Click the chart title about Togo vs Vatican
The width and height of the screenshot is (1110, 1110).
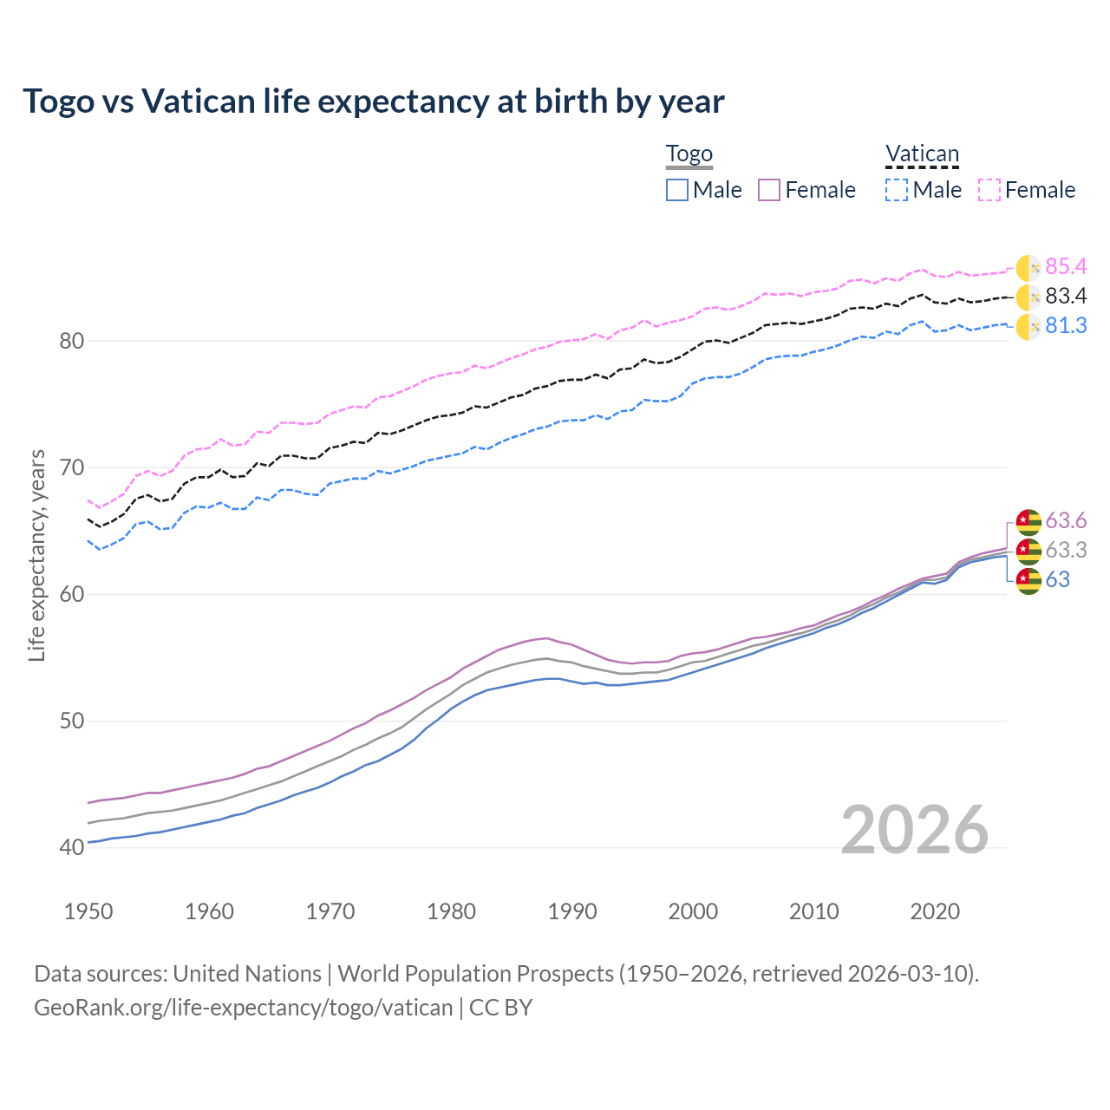click(373, 101)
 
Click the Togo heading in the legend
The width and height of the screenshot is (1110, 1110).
click(689, 154)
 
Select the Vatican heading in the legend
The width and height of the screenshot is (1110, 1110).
click(922, 154)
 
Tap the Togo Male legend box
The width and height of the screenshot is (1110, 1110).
click(677, 190)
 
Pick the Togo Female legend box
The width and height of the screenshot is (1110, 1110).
click(770, 190)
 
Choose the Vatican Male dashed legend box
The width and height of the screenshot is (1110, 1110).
click(897, 190)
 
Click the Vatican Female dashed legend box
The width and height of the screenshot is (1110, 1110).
click(989, 190)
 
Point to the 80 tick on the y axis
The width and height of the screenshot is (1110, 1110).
click(72, 341)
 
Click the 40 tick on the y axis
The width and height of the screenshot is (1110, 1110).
click(72, 847)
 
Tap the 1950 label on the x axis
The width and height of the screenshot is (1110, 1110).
click(88, 911)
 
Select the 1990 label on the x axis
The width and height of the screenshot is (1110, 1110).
click(572, 911)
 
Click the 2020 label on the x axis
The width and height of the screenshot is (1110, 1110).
click(935, 911)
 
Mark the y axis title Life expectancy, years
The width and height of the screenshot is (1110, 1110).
click(37, 555)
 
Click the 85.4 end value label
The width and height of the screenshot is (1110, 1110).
click(1066, 267)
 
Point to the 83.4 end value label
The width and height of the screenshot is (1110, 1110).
click(1066, 297)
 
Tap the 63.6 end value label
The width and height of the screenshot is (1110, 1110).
click(1066, 520)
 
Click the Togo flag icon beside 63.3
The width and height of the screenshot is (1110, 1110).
click(1028, 551)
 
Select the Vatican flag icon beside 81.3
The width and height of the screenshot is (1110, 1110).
click(1028, 327)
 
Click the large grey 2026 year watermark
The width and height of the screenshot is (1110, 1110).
click(915, 831)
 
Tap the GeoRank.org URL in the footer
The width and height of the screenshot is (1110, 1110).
click(244, 1008)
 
